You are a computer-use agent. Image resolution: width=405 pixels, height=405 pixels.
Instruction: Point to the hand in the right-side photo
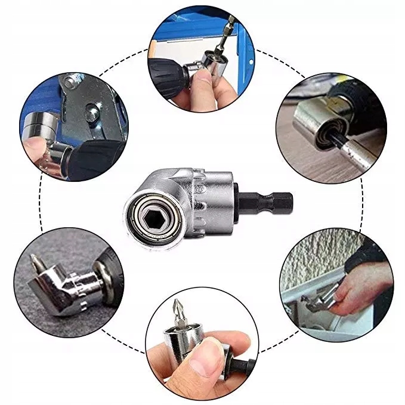click(364, 286)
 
